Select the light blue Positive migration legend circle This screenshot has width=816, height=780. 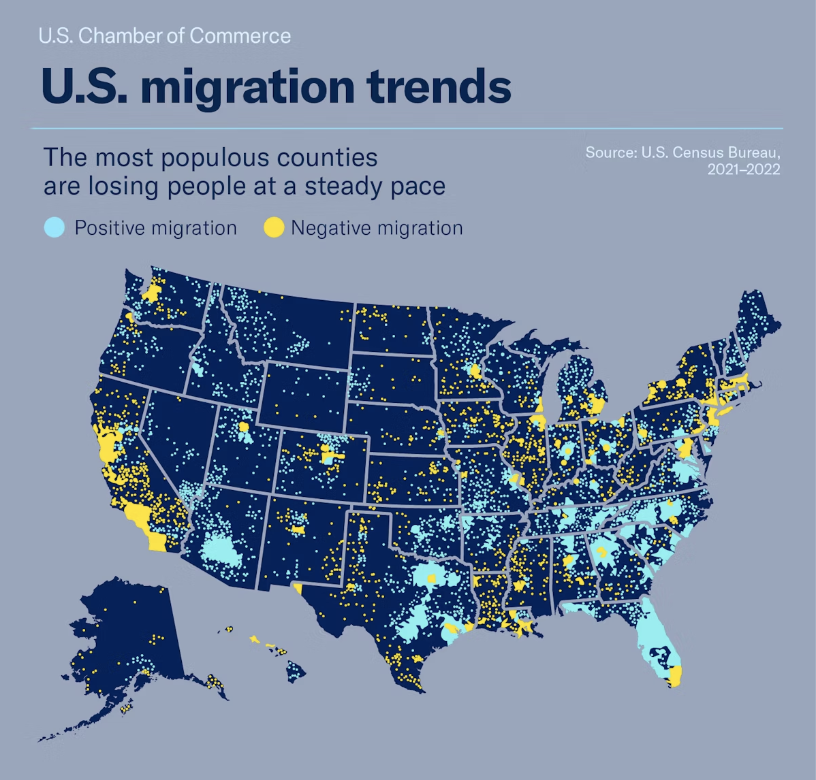click(x=54, y=227)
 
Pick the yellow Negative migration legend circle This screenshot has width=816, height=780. click(x=273, y=227)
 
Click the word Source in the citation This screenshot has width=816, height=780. click(x=610, y=152)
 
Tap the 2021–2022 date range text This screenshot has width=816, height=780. click(x=743, y=169)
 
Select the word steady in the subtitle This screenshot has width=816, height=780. click(x=340, y=186)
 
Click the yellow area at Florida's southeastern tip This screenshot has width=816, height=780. click(x=675, y=676)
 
